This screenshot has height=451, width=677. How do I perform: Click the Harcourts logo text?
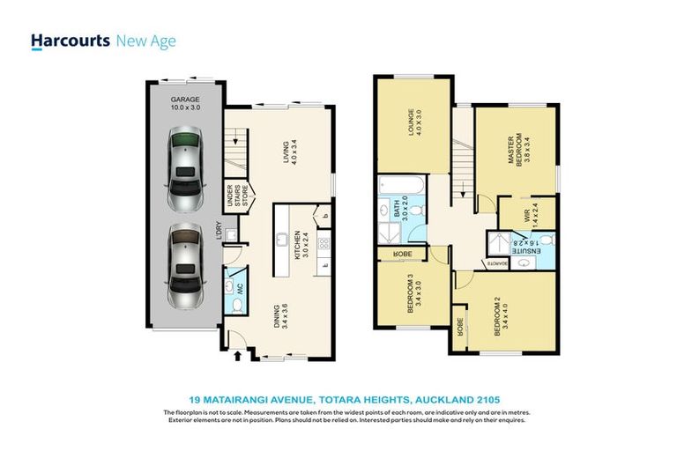click(x=70, y=41)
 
